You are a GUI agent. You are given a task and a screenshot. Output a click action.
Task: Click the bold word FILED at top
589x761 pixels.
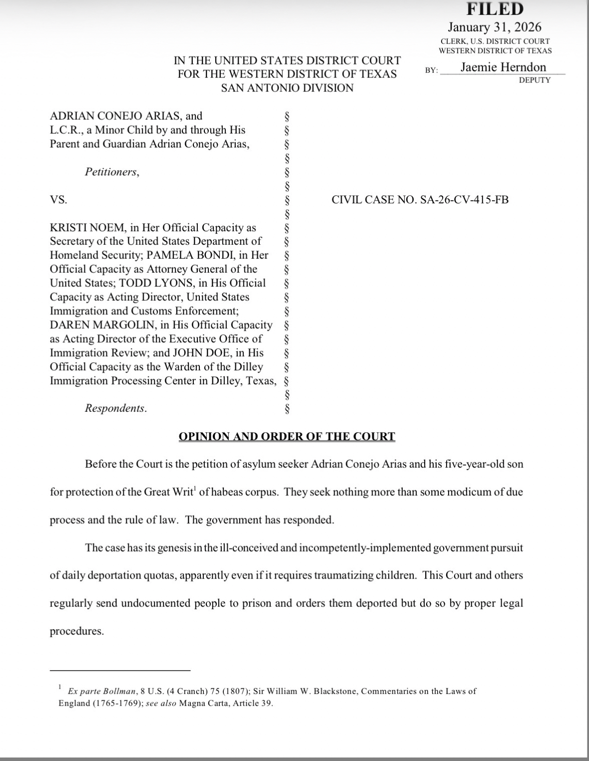click(x=495, y=9)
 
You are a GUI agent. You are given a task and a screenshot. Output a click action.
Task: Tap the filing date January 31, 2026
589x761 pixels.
click(x=494, y=27)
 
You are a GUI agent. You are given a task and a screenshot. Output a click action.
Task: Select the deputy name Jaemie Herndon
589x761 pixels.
click(x=503, y=67)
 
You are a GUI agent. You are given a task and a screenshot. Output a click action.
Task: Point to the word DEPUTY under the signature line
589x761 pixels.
click(x=534, y=80)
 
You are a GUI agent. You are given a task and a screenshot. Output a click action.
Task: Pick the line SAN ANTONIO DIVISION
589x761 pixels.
click(x=287, y=88)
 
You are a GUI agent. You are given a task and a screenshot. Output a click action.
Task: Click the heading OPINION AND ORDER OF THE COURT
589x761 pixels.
click(x=287, y=436)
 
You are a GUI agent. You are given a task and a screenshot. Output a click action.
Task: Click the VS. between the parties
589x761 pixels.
click(x=58, y=200)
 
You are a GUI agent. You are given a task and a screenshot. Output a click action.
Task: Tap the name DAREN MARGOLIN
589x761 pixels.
click(x=102, y=325)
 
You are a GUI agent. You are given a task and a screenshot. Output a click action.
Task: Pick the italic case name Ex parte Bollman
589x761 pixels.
click(x=102, y=691)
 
